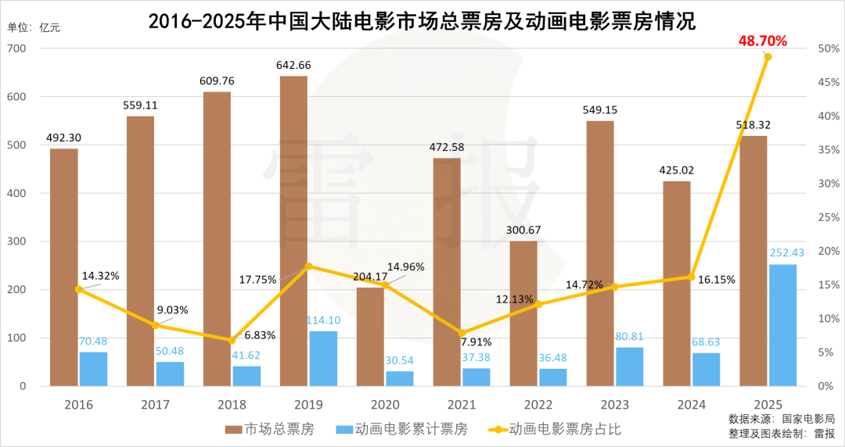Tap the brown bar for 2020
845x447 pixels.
pyautogui.click(x=370, y=337)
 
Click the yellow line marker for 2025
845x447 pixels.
pyautogui.click(x=768, y=57)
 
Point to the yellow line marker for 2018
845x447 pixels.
pyautogui.click(x=232, y=340)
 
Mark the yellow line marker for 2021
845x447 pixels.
pyautogui.click(x=462, y=333)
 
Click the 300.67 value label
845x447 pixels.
pyautogui.click(x=523, y=230)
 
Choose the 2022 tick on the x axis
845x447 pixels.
pyautogui.click(x=538, y=405)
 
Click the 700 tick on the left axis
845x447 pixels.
pyautogui.click(x=16, y=48)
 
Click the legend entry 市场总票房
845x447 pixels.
pyautogui.click(x=270, y=429)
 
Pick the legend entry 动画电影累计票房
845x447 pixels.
pyautogui.click(x=401, y=429)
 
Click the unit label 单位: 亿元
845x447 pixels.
pyautogui.click(x=34, y=27)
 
